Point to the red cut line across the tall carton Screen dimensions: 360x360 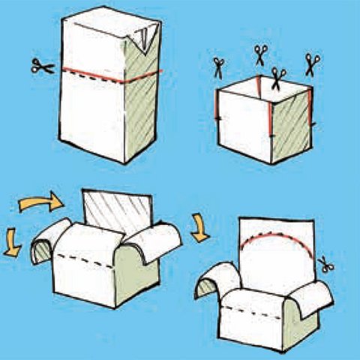pyautogui.click(x=97, y=74)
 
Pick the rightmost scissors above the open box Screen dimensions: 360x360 pyautogui.click(x=311, y=63)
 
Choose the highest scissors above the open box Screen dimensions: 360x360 pyautogui.click(x=259, y=53)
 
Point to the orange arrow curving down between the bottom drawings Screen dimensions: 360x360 pyautogui.click(x=200, y=226)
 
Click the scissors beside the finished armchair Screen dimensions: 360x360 pyautogui.click(x=327, y=263)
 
